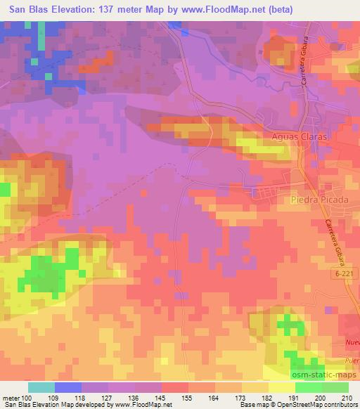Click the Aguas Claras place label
[304, 138]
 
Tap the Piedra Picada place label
[319, 200]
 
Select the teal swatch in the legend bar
[41, 387]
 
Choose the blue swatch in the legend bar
[67, 387]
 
